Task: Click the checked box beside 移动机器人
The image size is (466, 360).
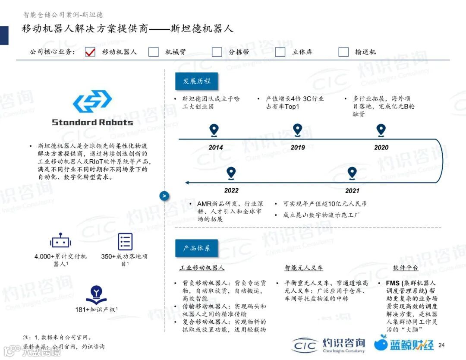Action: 90,52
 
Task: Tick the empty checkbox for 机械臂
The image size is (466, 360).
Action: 154,52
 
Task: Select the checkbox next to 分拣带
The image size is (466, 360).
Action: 217,52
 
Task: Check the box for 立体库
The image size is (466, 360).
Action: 280,52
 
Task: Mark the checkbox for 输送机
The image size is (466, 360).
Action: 343,52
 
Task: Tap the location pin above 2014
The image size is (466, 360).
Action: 214,130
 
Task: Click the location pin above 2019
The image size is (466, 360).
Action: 297,130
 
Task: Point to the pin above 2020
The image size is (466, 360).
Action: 381,130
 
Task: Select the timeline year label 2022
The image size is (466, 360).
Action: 231,190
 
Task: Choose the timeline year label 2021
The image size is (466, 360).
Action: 352,190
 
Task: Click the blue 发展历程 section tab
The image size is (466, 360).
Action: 196,82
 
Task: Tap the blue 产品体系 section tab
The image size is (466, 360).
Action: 196,248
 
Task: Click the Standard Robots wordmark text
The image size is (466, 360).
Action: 92,122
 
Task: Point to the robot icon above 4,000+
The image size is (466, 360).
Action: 60,242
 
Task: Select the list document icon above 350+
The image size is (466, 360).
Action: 125,242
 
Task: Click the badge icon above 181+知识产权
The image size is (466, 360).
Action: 96,295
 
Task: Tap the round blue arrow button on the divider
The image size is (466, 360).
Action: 164,196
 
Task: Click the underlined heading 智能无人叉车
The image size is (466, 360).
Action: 304,268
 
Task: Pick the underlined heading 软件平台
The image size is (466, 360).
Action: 406,268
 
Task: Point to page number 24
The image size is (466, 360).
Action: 441,345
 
